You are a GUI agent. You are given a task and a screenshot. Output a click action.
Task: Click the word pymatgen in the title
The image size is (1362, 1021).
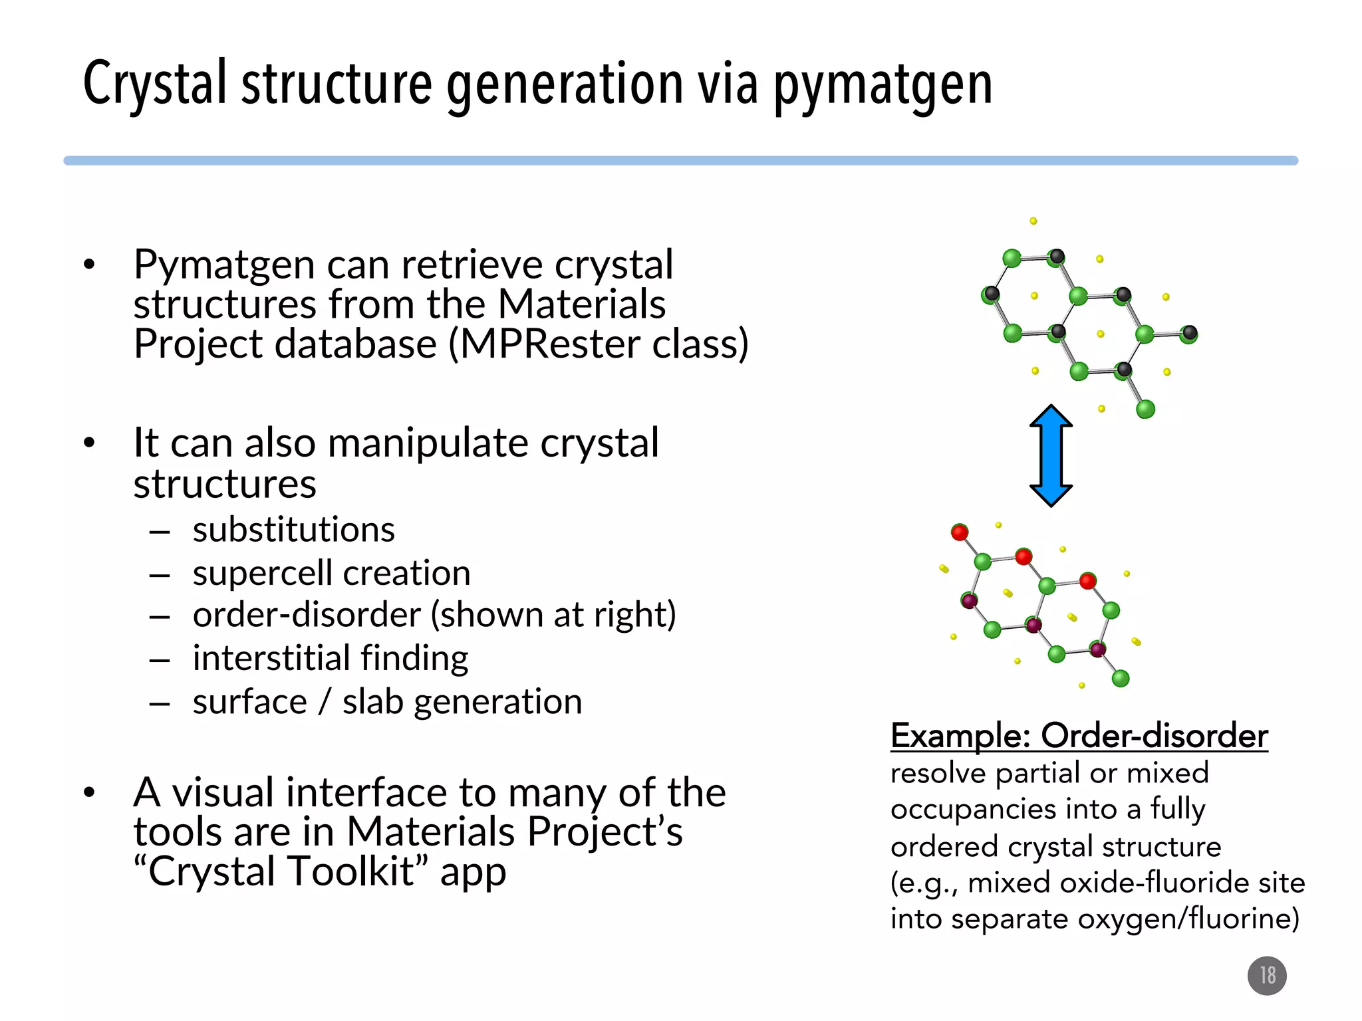click(883, 85)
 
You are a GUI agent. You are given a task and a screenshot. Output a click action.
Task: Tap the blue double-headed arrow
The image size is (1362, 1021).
click(1051, 456)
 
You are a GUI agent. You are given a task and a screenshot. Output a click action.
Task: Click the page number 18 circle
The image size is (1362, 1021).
click(1267, 975)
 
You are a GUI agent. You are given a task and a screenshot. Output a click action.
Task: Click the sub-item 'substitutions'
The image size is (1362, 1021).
click(293, 530)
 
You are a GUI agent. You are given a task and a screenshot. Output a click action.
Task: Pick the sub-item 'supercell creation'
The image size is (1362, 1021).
click(331, 573)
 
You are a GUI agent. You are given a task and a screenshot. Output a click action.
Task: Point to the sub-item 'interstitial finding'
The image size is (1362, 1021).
click(331, 658)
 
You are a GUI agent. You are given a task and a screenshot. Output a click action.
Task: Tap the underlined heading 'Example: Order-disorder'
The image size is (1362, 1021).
click(1079, 736)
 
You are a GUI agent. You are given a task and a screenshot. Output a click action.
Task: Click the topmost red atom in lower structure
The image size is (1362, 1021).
click(960, 532)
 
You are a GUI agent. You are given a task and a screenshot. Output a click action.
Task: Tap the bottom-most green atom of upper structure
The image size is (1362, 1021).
click(1145, 409)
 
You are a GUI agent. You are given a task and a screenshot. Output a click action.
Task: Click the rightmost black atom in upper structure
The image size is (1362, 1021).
click(1190, 332)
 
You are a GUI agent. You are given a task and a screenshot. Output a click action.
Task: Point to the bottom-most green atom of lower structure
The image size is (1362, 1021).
click(1121, 678)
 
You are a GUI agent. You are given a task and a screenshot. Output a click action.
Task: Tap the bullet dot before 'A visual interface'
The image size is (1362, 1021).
click(90, 792)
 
